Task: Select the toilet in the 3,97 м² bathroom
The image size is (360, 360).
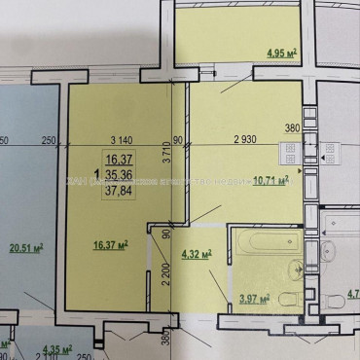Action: point(288,297)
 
